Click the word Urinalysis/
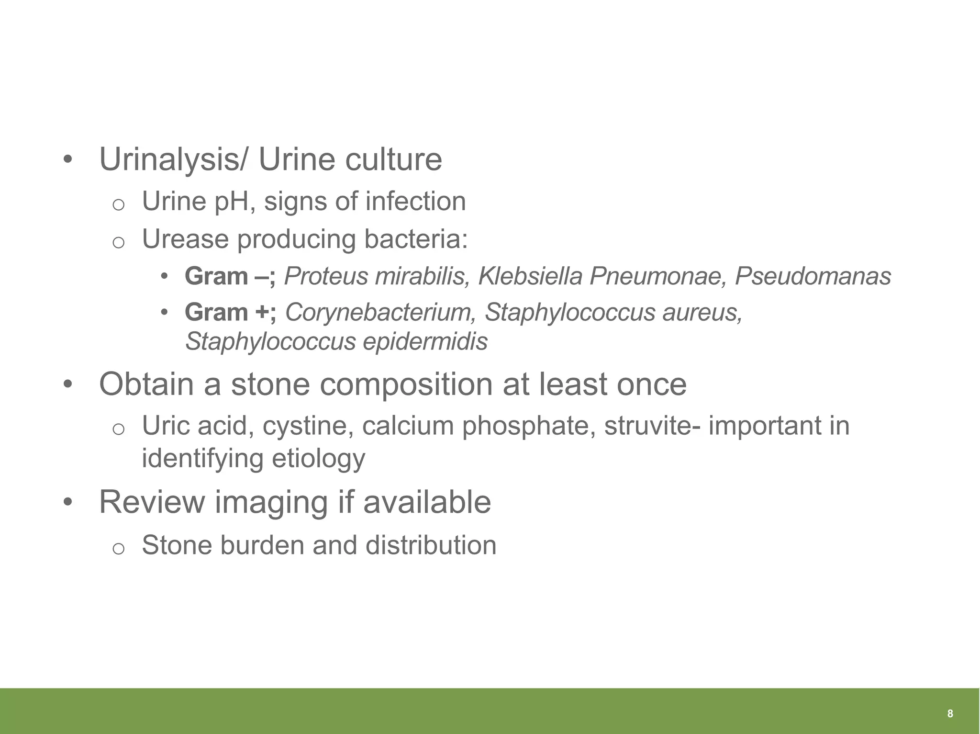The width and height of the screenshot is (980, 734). pyautogui.click(x=174, y=159)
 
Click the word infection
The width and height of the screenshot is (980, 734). pyautogui.click(x=415, y=201)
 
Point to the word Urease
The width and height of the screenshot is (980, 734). pyautogui.click(x=185, y=239)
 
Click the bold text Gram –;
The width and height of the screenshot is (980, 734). pyautogui.click(x=230, y=276)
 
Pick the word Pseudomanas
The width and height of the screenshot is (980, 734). pyautogui.click(x=813, y=276)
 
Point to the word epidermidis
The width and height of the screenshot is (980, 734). pyautogui.click(x=425, y=342)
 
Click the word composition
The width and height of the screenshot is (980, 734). pyautogui.click(x=406, y=384)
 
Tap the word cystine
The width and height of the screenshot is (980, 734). pyautogui.click(x=308, y=426)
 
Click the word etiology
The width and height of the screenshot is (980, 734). pyautogui.click(x=318, y=459)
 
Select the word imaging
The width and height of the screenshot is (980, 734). pyautogui.click(x=270, y=502)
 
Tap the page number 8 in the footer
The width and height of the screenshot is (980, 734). pyautogui.click(x=950, y=714)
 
